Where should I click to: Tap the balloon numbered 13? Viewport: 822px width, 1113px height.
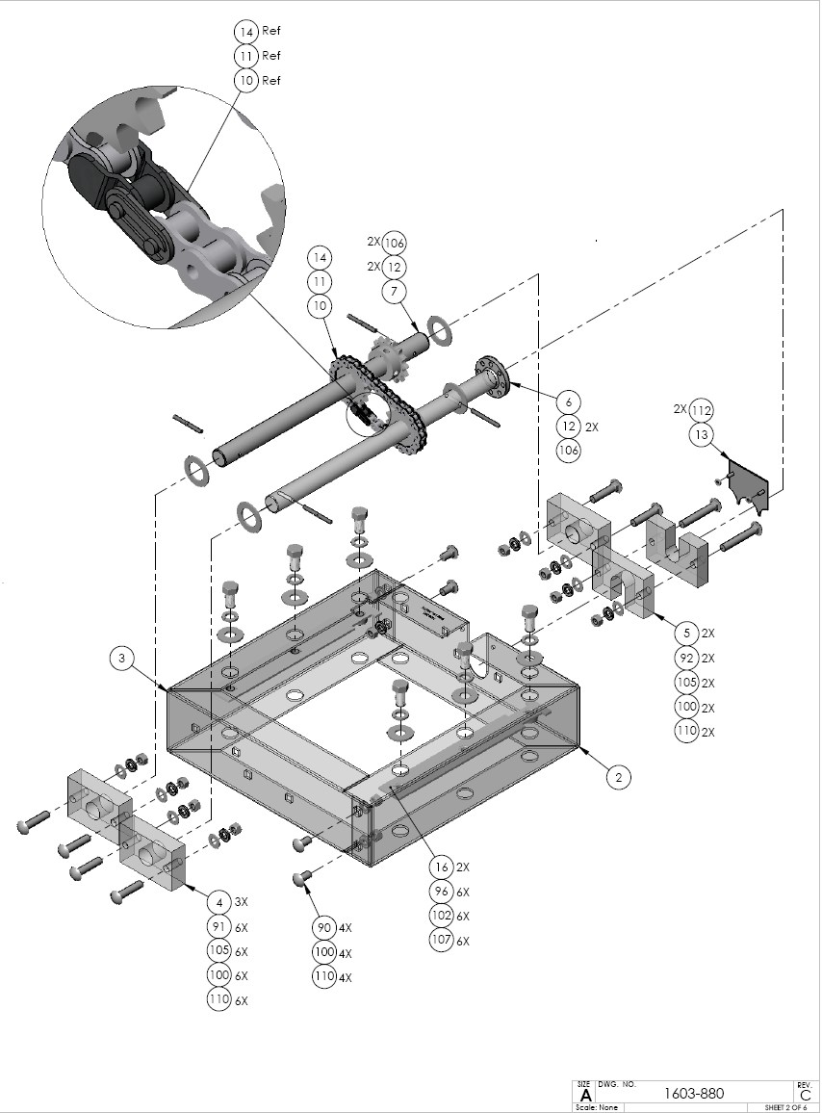tap(702, 435)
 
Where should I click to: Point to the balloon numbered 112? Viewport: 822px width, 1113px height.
tap(702, 410)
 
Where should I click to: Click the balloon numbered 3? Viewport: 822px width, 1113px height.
tap(121, 659)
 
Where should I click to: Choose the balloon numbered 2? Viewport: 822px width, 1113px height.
tap(618, 776)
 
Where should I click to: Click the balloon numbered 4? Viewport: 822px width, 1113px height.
tap(220, 902)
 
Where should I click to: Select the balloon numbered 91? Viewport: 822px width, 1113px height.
tap(220, 927)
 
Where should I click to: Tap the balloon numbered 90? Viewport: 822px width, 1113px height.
tap(323, 927)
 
